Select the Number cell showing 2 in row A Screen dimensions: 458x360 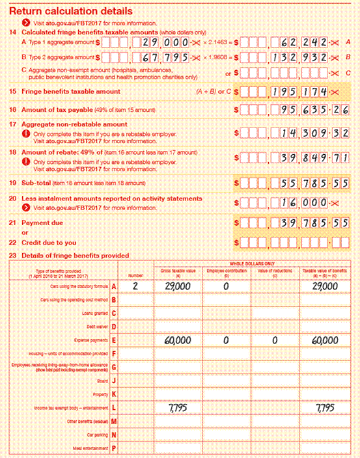pyautogui.click(x=134, y=286)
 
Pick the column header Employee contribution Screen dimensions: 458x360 pyautogui.click(x=223, y=270)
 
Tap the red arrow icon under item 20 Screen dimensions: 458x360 pyautogui.click(x=27, y=208)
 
